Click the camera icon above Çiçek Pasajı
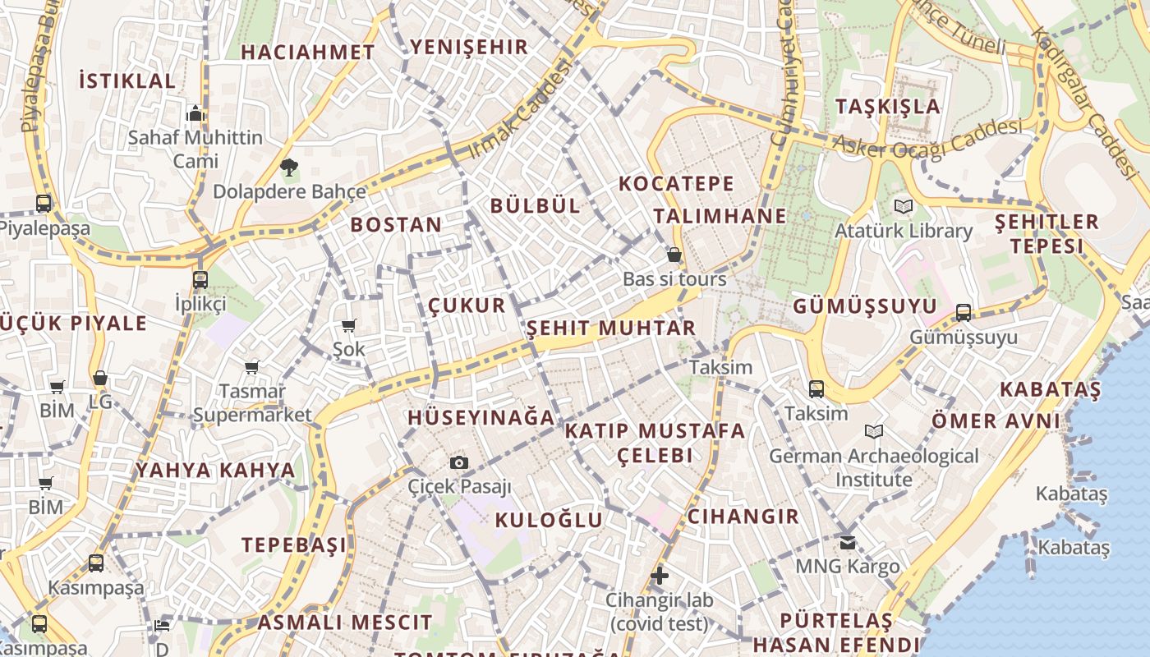[x=459, y=463]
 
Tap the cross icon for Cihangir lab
[x=659, y=576]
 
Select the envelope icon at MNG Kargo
[x=847, y=542]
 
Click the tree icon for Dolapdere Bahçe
[x=288, y=168]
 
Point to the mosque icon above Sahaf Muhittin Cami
[x=195, y=113]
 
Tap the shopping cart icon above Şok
[x=348, y=326]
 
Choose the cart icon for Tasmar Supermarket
[x=251, y=367]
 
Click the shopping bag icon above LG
[x=100, y=379]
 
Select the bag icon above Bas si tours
[x=674, y=255]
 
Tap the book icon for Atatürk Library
[x=904, y=207]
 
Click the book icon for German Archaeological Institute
[x=874, y=431]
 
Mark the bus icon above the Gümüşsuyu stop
[x=963, y=313]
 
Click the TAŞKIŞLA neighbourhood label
[x=887, y=106]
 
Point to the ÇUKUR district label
[x=467, y=306]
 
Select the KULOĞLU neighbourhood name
[x=549, y=519]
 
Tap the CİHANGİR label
[x=743, y=516]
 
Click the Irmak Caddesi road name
[x=519, y=111]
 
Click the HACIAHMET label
[x=308, y=52]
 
